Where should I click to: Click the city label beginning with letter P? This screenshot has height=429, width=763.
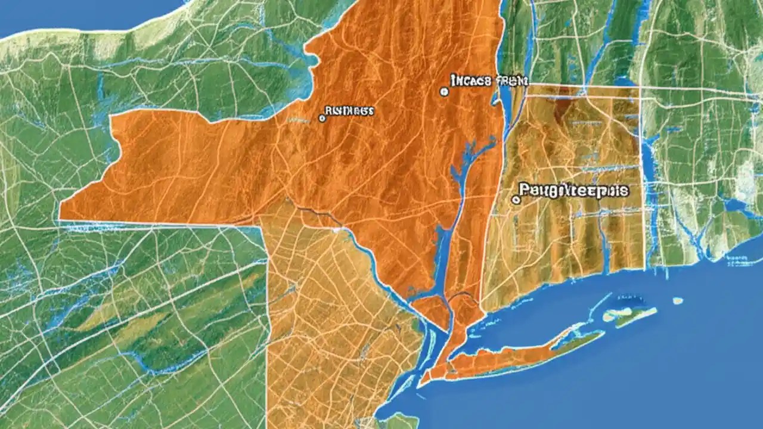573,191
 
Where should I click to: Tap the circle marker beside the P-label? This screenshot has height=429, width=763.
516,200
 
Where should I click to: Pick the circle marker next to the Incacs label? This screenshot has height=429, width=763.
443,92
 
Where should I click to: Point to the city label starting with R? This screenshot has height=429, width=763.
349,111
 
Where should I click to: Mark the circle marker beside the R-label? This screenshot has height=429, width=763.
322,119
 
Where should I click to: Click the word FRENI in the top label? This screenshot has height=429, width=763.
511,81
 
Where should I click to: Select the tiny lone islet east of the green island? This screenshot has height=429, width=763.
678,301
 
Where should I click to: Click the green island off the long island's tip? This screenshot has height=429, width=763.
632,316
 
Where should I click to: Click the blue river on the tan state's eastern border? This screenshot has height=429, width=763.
647,179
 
